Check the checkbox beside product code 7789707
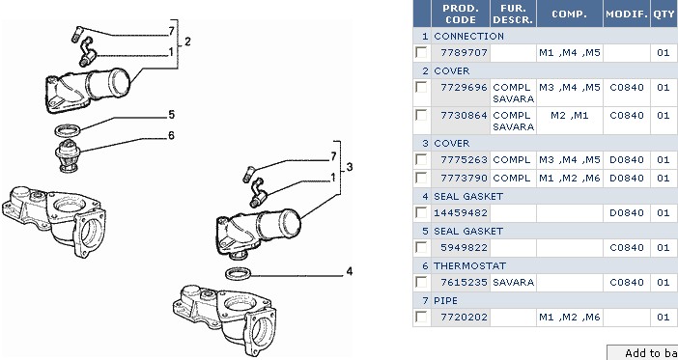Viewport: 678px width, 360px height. pyautogui.click(x=421, y=52)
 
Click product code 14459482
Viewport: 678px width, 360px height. pyautogui.click(x=461, y=213)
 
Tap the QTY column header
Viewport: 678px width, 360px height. pyautogui.click(x=664, y=14)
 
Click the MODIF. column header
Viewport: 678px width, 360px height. pyautogui.click(x=627, y=14)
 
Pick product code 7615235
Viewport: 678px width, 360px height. pyautogui.click(x=464, y=282)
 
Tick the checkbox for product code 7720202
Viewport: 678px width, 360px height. pyautogui.click(x=421, y=317)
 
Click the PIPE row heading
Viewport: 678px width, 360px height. pyautogui.click(x=445, y=300)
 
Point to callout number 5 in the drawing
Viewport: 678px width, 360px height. pyautogui.click(x=171, y=115)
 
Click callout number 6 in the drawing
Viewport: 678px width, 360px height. pyautogui.click(x=171, y=136)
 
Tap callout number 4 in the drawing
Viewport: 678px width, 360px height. pyautogui.click(x=349, y=271)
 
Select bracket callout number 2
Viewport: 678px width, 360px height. pyautogui.click(x=187, y=42)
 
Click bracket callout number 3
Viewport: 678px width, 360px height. pyautogui.click(x=350, y=167)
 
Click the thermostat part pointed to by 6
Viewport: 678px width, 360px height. pyautogui.click(x=68, y=155)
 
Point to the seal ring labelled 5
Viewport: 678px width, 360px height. pyautogui.click(x=68, y=129)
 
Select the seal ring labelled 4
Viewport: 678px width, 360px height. pyautogui.click(x=238, y=273)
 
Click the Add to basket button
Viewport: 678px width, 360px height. pyautogui.click(x=642, y=352)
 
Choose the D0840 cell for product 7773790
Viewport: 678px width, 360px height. pyautogui.click(x=627, y=178)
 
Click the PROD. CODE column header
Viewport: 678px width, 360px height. pyautogui.click(x=461, y=14)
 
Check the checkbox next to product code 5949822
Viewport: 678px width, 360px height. pyautogui.click(x=421, y=247)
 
